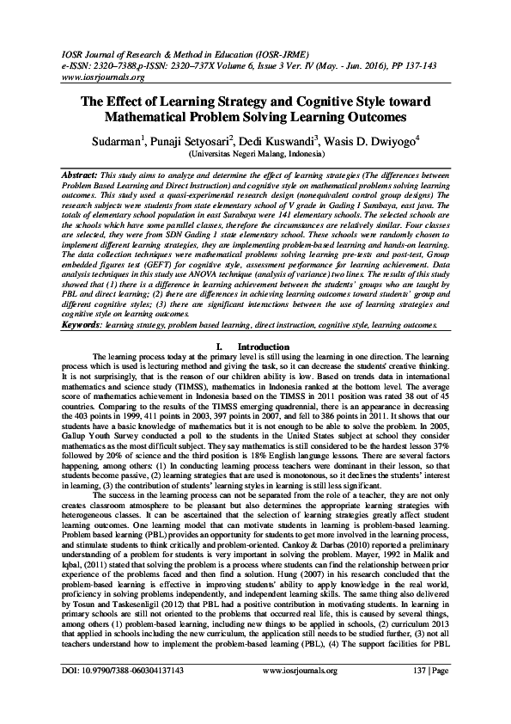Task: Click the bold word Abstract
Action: (36, 173)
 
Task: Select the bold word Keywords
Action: (40, 326)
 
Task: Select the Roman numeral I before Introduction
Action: (222, 346)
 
